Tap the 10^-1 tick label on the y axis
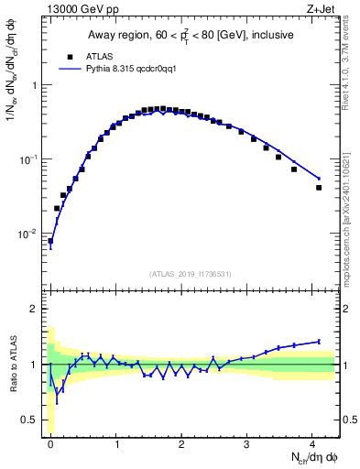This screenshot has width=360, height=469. point(31,159)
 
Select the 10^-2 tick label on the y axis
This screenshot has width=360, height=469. point(31,234)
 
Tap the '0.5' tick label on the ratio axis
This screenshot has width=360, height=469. point(33,420)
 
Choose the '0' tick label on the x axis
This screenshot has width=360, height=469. point(50,443)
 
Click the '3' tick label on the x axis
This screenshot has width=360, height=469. point(247,443)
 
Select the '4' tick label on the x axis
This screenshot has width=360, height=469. point(312,443)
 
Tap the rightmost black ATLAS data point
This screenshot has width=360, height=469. point(319,188)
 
